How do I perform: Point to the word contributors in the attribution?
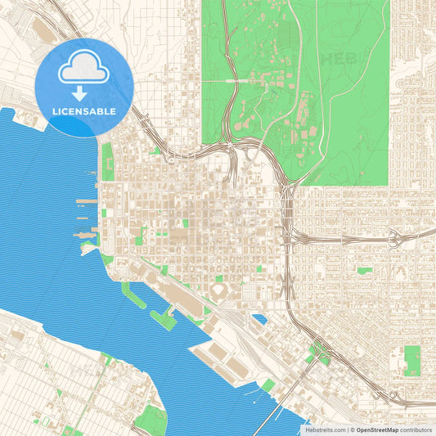point(416,429)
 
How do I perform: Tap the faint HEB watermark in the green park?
point(341,59)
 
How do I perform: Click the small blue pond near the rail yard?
point(259,319)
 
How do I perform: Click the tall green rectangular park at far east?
point(412,360)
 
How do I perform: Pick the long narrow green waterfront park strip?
point(107,161)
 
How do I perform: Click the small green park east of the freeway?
point(364,269)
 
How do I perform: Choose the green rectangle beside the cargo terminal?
point(267,384)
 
